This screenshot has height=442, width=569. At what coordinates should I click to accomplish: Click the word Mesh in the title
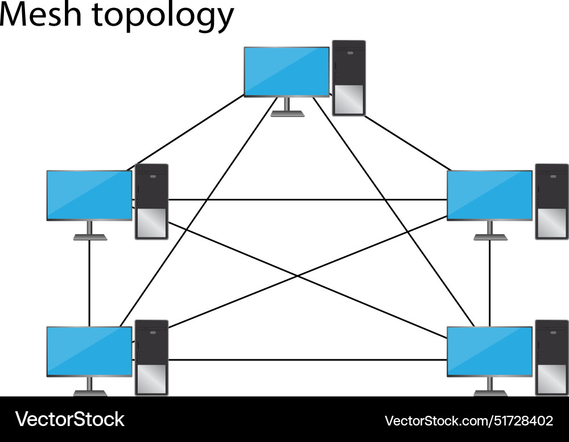tap(40, 15)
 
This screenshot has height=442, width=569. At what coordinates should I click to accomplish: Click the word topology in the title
tap(163, 17)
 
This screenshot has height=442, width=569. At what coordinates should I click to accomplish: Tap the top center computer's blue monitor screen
tap(286, 71)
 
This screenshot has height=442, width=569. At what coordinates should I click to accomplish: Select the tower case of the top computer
tap(348, 78)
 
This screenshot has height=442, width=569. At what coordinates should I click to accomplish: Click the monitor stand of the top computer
tap(287, 108)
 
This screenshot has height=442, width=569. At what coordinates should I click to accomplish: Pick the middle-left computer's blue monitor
tap(89, 195)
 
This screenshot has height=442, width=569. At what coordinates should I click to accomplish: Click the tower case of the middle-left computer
tap(151, 202)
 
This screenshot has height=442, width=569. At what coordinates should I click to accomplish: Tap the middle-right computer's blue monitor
tap(489, 195)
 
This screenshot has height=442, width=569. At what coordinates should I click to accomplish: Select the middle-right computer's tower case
tap(551, 202)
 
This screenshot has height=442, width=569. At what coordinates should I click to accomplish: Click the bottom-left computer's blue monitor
tap(89, 351)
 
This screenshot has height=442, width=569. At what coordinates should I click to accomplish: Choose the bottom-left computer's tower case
tap(151, 358)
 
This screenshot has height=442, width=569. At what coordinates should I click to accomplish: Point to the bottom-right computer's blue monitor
tap(489, 351)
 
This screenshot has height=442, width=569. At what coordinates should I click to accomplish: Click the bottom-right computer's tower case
tap(551, 358)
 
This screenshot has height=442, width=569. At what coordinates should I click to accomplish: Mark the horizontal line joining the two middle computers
tap(307, 200)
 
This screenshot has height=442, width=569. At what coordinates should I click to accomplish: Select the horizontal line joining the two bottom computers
tap(307, 360)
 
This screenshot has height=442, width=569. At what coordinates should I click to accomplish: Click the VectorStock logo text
tap(70, 420)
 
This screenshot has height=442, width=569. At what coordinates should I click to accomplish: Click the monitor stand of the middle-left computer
tap(90, 231)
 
